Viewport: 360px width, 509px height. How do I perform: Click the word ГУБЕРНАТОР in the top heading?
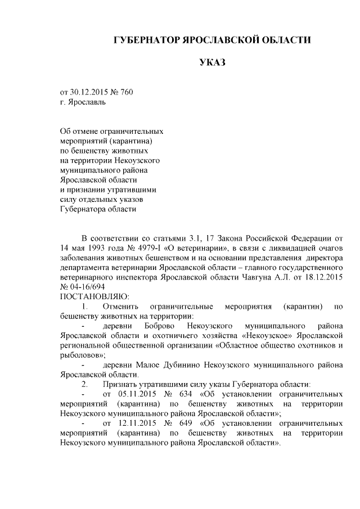click(x=146, y=40)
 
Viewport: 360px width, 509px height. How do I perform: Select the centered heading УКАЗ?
click(x=212, y=62)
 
